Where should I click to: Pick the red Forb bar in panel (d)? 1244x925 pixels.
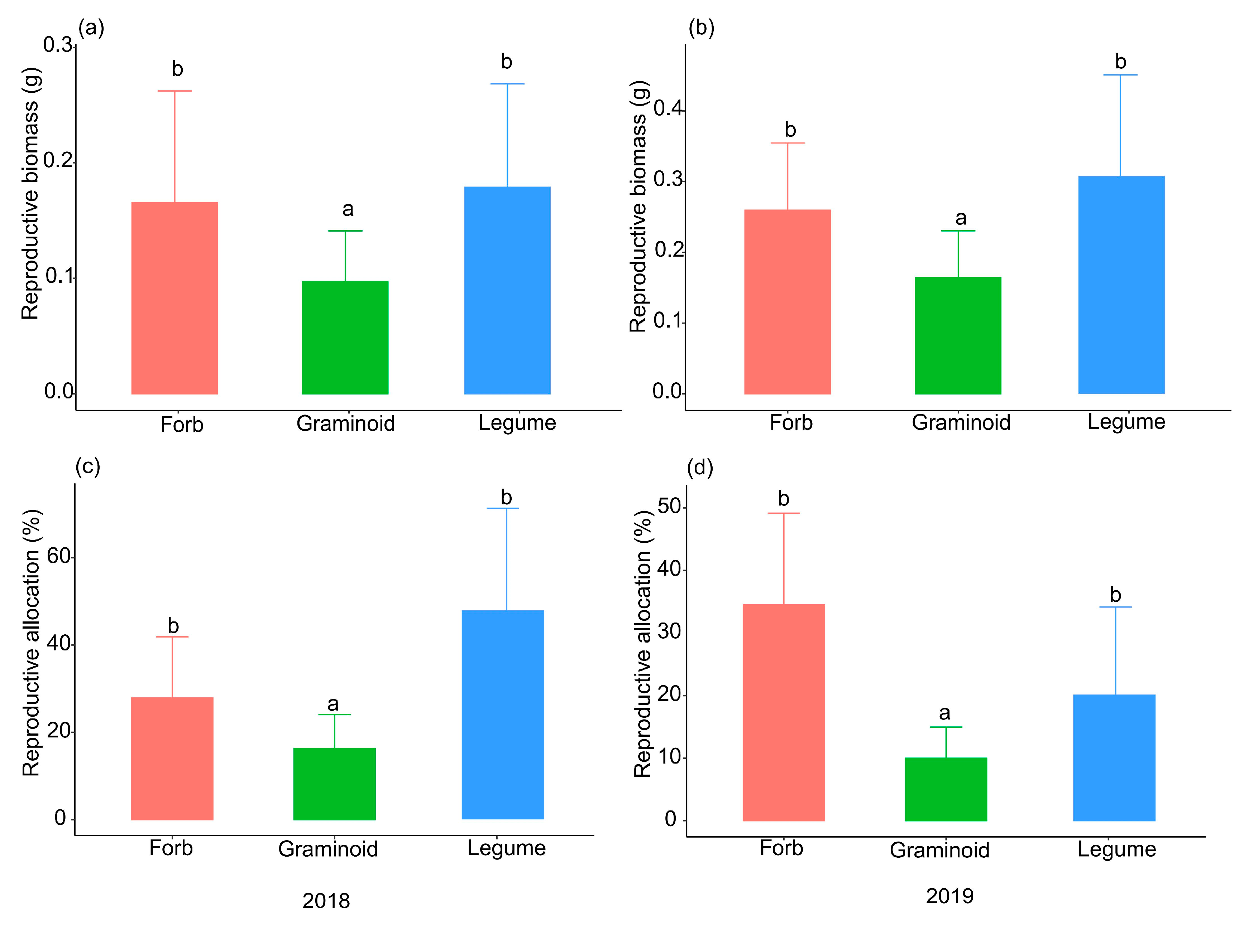click(783, 712)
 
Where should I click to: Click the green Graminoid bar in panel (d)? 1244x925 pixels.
click(946, 789)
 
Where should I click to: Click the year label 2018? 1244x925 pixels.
click(326, 900)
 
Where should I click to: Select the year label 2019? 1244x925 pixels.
click(949, 896)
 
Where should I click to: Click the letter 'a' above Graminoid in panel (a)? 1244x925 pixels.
click(348, 209)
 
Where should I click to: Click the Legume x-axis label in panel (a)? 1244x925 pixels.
click(517, 423)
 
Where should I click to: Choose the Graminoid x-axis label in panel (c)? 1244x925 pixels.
click(328, 849)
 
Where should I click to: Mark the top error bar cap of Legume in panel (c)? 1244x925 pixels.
click(503, 508)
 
